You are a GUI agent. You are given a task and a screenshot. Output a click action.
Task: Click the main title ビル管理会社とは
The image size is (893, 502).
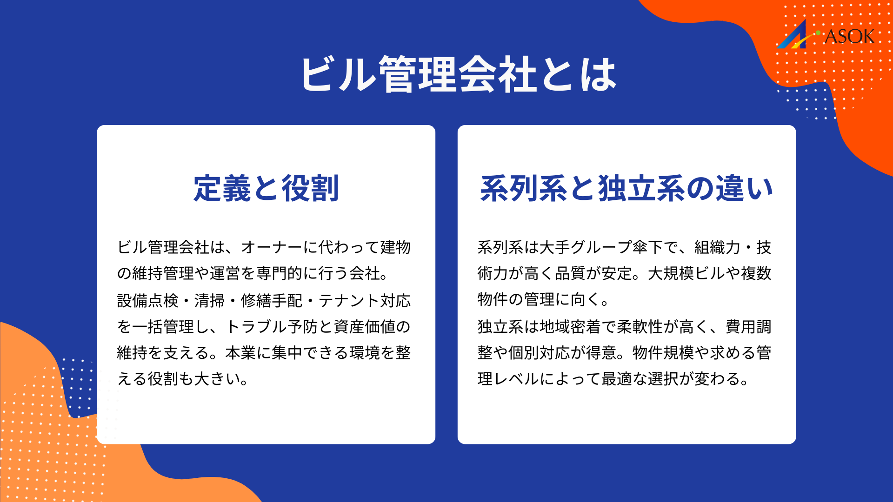tap(458, 74)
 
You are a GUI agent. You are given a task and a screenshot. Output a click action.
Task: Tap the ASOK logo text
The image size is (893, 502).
tap(849, 36)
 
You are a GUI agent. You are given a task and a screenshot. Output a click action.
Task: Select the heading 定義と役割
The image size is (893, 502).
tap(266, 188)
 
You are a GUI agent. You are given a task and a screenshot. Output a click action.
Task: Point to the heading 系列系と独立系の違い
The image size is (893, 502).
tap(626, 188)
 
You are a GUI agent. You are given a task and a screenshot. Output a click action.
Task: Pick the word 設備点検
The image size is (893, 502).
tap(147, 301)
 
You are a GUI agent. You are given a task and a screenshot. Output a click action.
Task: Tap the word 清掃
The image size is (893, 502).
tap(209, 301)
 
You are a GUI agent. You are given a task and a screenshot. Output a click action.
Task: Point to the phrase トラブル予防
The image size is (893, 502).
tap(272, 327)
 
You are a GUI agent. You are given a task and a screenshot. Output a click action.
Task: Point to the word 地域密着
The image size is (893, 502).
tap(570, 327)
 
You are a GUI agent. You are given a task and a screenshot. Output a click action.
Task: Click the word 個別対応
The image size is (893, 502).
tap(539, 353)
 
